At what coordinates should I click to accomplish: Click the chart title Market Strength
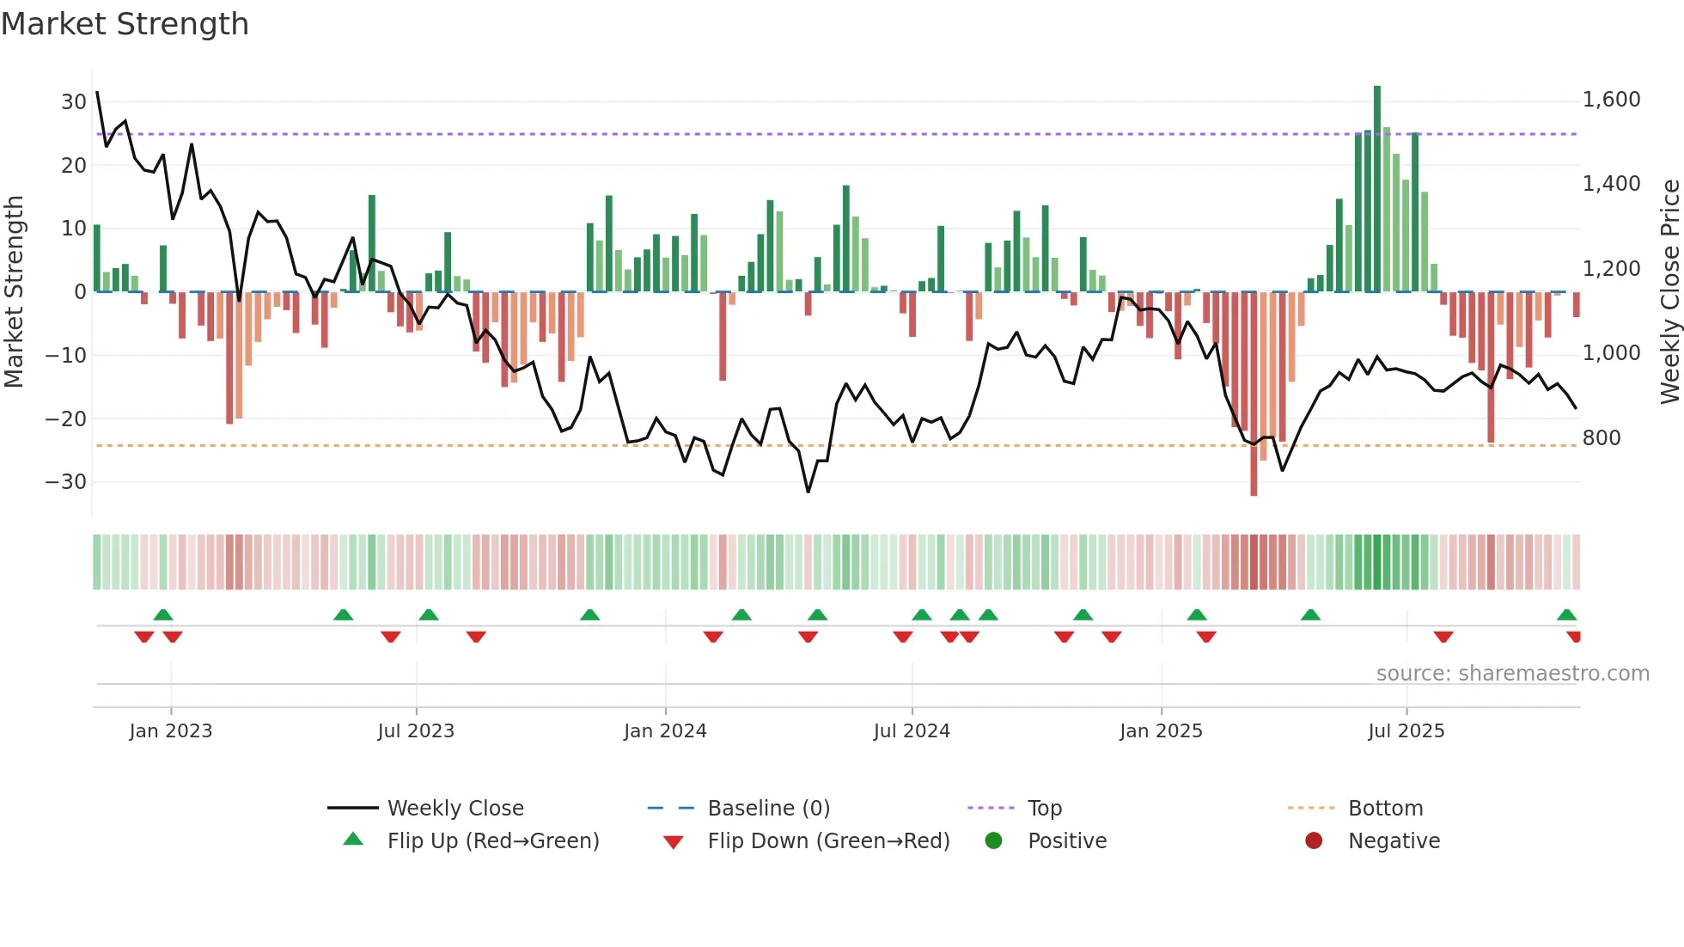point(125,24)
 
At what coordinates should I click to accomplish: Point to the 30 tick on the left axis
point(74,102)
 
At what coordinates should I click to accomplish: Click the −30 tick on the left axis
point(66,482)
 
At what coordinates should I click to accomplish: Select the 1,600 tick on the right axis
point(1611,100)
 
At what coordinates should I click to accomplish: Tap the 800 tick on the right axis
point(1601,438)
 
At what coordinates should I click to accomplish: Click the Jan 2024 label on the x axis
point(665,731)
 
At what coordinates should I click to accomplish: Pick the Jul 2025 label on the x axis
point(1406,731)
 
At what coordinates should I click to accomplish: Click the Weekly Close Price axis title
point(1669,291)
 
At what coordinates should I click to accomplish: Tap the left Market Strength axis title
point(15,291)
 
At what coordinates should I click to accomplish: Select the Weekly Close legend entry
point(455,809)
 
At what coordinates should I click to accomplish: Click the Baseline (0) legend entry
point(768,809)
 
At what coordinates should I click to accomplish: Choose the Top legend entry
point(1044,809)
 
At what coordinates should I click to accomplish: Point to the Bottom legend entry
point(1385,809)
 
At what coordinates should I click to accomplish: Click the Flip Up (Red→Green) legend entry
point(492,841)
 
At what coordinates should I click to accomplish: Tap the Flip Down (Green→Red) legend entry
point(827,841)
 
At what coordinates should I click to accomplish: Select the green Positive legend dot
point(994,841)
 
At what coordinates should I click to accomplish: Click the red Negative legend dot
point(1314,841)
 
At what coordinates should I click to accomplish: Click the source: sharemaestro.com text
point(1512,674)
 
